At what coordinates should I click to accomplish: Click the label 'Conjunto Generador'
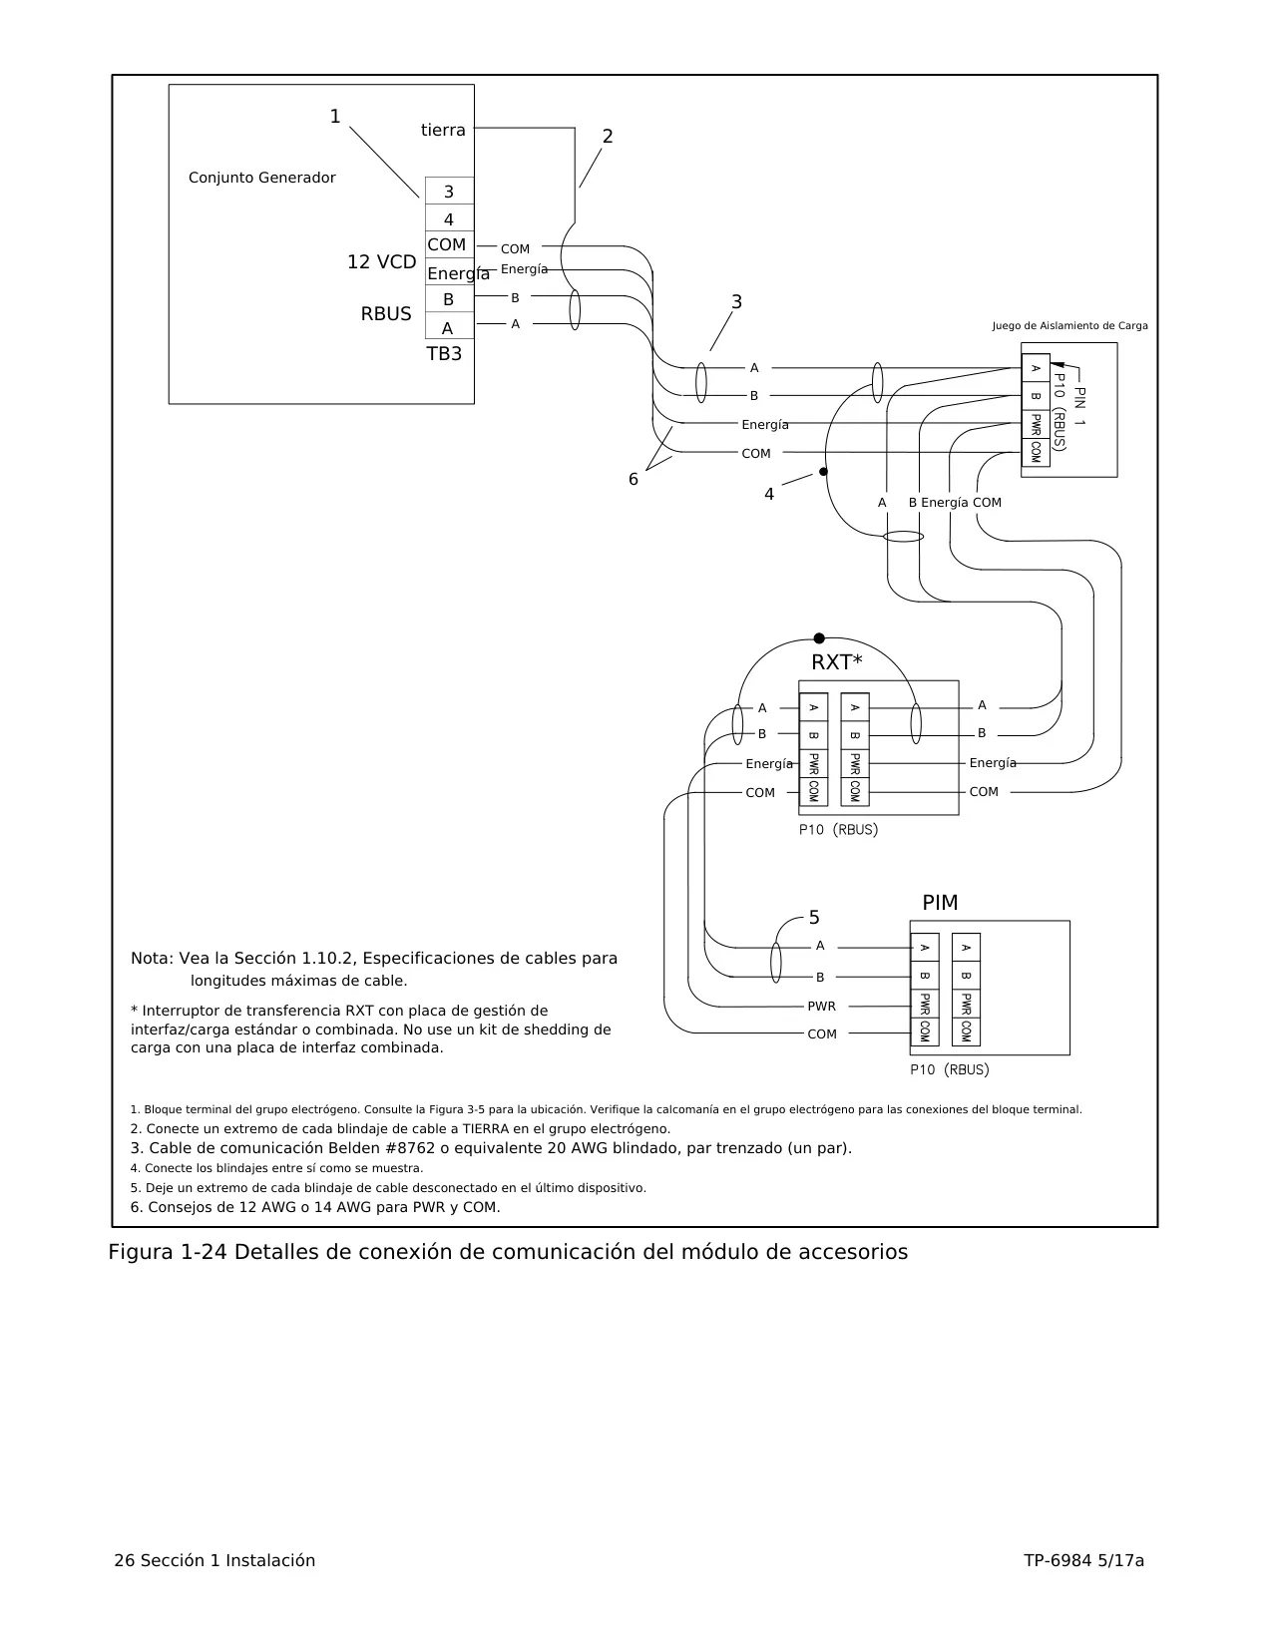tap(261, 178)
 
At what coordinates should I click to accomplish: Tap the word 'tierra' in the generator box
tap(443, 131)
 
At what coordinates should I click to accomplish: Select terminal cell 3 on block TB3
tap(449, 191)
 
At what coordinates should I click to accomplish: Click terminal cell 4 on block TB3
tap(449, 218)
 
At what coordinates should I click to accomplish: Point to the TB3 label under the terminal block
tap(444, 354)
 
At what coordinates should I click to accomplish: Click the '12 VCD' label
tap(382, 262)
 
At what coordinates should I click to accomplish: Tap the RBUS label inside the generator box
tap(386, 313)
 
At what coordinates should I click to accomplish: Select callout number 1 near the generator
tap(335, 117)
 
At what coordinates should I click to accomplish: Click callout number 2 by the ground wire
tap(608, 137)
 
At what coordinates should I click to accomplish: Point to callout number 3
tap(736, 302)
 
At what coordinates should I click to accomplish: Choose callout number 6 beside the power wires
tap(634, 479)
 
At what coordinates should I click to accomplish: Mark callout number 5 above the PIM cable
tap(814, 918)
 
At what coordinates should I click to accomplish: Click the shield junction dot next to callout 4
tap(823, 472)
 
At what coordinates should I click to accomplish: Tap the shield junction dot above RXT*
tap(819, 638)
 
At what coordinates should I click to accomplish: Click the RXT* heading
tap(836, 662)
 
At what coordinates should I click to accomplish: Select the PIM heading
tap(940, 903)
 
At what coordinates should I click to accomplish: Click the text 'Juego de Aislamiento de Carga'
tap(1069, 326)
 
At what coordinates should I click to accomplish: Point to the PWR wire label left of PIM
tap(822, 1007)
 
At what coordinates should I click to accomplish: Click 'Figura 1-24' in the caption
tap(168, 1252)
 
